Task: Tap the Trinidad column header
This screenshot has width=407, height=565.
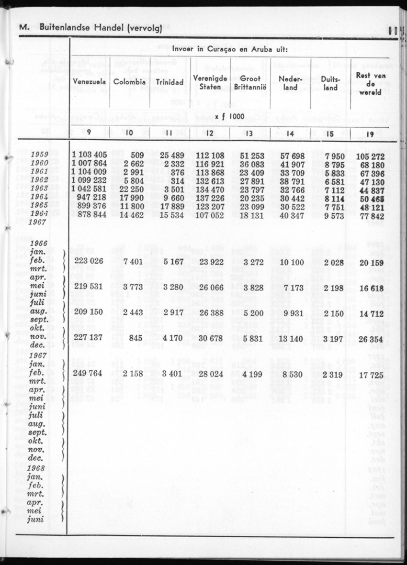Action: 170,82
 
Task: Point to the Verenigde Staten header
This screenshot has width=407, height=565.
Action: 210,82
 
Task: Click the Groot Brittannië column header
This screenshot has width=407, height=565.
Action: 249,82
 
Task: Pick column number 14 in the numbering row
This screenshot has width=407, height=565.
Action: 290,134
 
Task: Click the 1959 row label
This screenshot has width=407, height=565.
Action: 39,155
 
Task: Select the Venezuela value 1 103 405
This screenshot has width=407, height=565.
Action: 90,155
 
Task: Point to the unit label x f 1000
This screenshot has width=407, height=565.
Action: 230,116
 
